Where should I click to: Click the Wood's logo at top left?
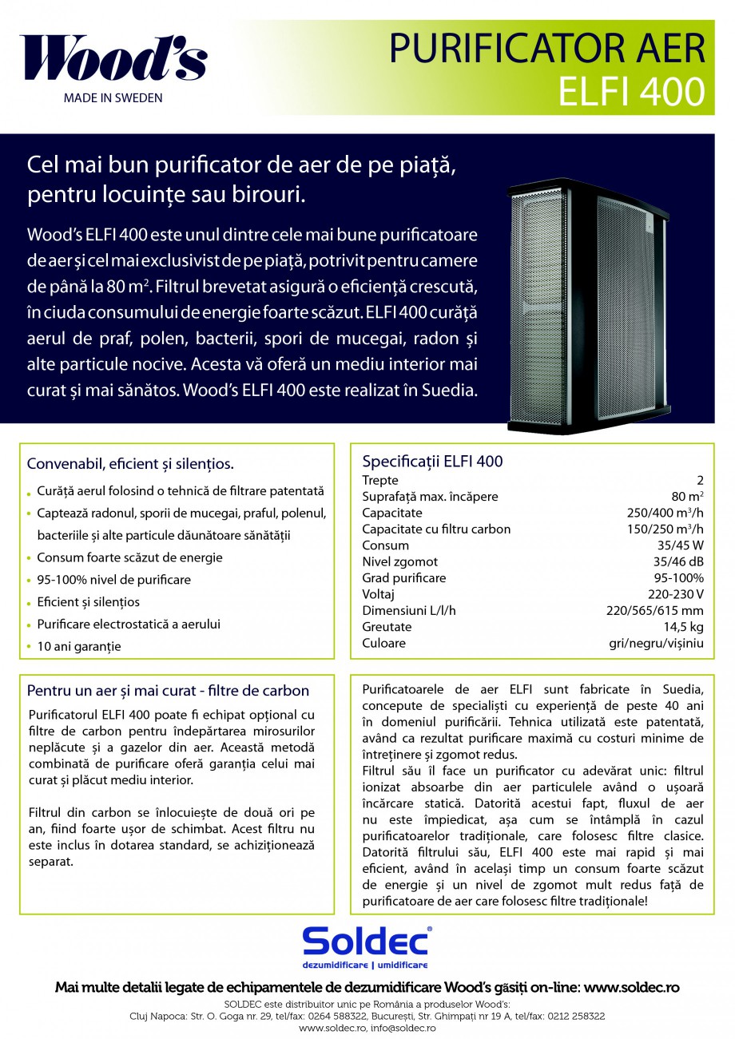pos(113,58)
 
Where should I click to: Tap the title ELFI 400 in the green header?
pos(631,91)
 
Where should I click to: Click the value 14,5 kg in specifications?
pos(685,627)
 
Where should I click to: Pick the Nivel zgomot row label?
pos(399,561)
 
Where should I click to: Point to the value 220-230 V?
pos(676,594)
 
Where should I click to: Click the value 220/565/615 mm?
pos(656,610)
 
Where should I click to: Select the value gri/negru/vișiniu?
pos(655,643)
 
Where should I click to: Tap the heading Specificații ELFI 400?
pos(432,462)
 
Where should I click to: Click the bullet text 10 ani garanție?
pos(79,647)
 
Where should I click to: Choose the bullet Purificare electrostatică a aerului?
pos(129,625)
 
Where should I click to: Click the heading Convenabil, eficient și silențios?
pos(130,464)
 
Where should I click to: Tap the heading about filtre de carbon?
pos(168,690)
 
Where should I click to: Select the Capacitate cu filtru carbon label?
pos(436,529)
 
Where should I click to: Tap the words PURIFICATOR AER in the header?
pos(547,50)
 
